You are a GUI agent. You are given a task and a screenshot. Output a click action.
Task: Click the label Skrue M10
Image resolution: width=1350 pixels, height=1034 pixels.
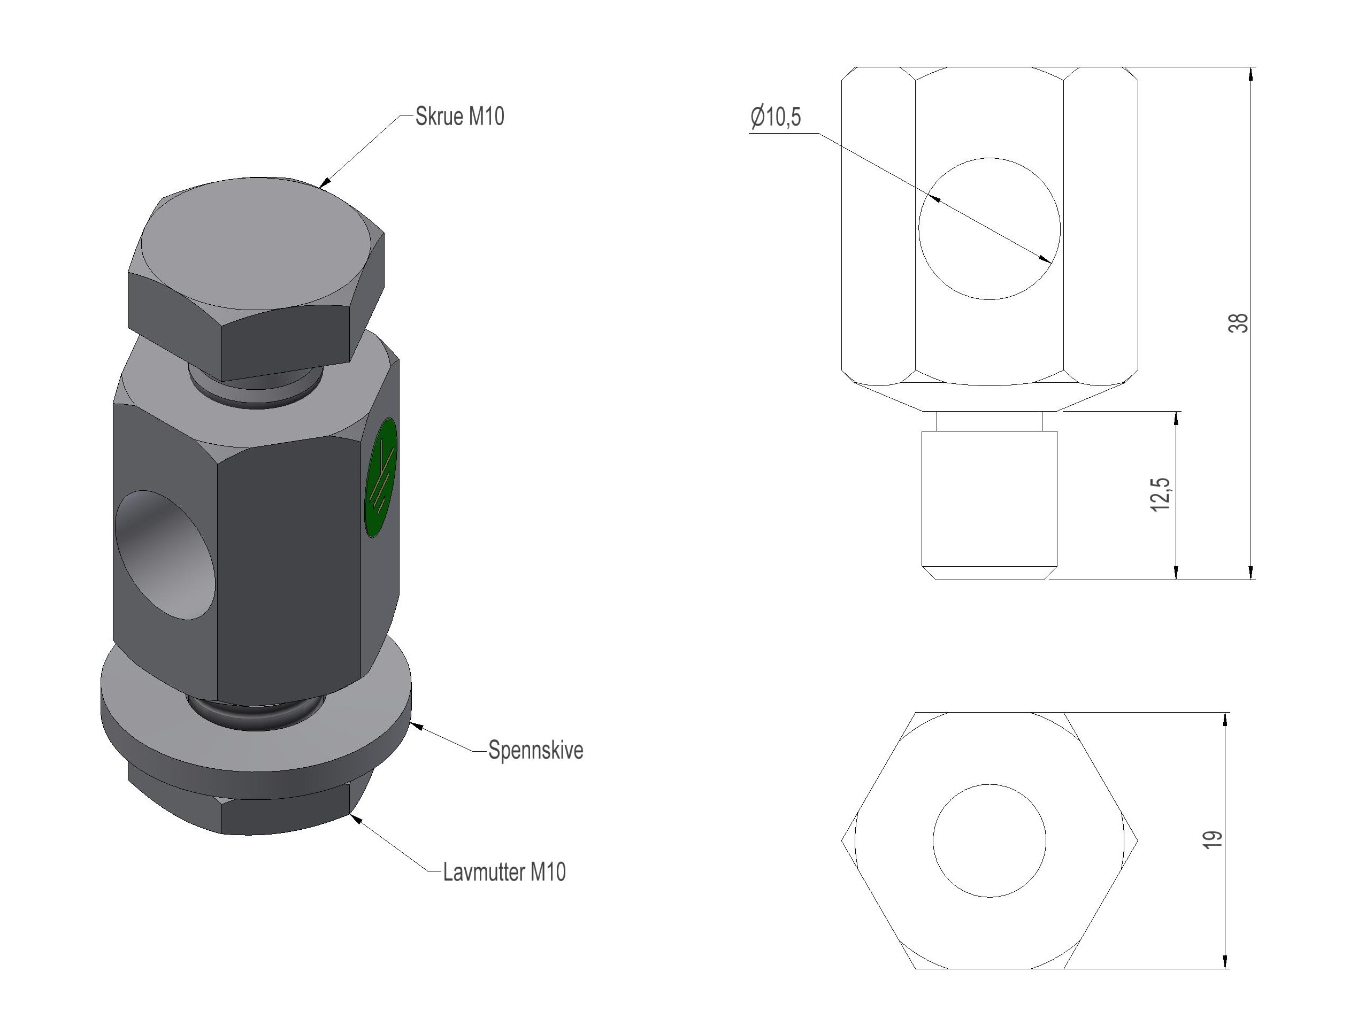pyautogui.click(x=459, y=117)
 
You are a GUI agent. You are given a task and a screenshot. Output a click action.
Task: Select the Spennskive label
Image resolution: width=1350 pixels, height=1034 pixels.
pyautogui.click(x=535, y=750)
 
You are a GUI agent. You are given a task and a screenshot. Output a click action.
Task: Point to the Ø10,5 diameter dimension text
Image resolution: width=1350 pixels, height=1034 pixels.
pyautogui.click(x=776, y=117)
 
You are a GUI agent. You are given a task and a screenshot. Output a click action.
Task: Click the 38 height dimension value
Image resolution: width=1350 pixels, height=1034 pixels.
pyautogui.click(x=1239, y=323)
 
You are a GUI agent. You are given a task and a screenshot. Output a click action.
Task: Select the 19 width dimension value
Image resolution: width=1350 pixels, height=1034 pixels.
pyautogui.click(x=1212, y=840)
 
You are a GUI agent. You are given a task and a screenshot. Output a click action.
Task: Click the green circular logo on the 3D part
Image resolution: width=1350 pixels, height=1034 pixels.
pyautogui.click(x=381, y=477)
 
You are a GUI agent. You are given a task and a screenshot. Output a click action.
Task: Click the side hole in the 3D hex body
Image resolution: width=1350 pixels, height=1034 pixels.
pyautogui.click(x=165, y=554)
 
